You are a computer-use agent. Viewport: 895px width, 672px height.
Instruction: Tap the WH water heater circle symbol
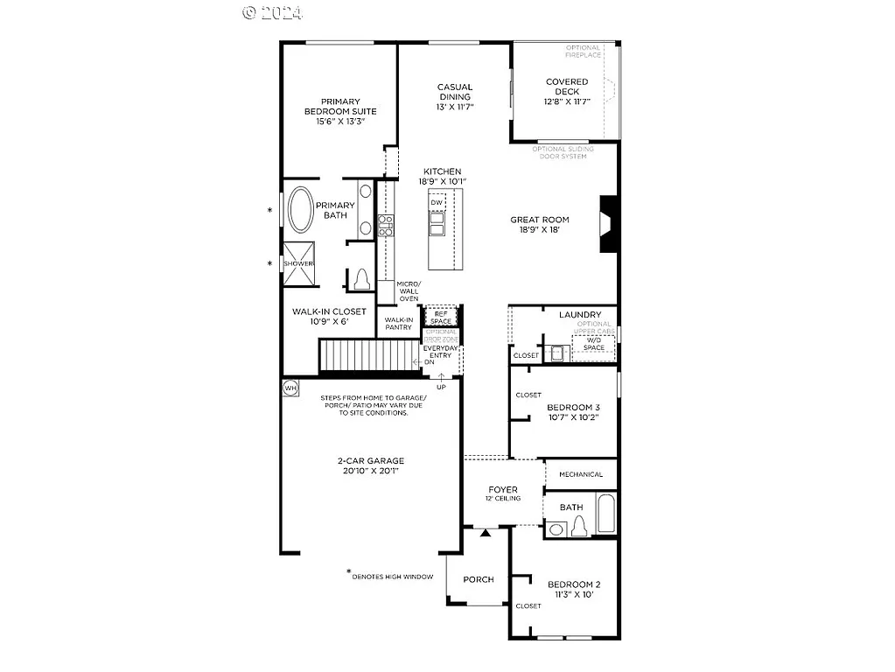click(x=290, y=387)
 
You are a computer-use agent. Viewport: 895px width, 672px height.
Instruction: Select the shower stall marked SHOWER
click(x=297, y=263)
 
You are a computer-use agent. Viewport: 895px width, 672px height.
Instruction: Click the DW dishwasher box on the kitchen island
click(x=437, y=203)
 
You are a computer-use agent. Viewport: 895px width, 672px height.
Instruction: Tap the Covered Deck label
click(x=567, y=87)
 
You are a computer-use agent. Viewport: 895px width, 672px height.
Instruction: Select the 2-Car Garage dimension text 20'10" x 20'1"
click(x=371, y=471)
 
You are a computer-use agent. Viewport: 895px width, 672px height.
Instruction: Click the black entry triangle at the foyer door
click(x=484, y=531)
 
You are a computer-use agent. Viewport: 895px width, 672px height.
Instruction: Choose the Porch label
click(x=479, y=579)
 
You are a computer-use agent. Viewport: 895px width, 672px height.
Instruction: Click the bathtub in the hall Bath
click(x=606, y=513)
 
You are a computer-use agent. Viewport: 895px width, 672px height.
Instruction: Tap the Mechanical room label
click(x=581, y=474)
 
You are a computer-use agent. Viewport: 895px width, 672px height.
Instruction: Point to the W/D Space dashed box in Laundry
click(x=594, y=344)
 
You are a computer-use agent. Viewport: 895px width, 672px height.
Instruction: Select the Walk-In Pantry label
click(x=398, y=324)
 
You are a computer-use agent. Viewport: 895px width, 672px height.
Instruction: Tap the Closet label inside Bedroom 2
click(x=528, y=605)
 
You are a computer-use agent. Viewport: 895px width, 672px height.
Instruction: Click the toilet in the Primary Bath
click(x=361, y=279)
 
